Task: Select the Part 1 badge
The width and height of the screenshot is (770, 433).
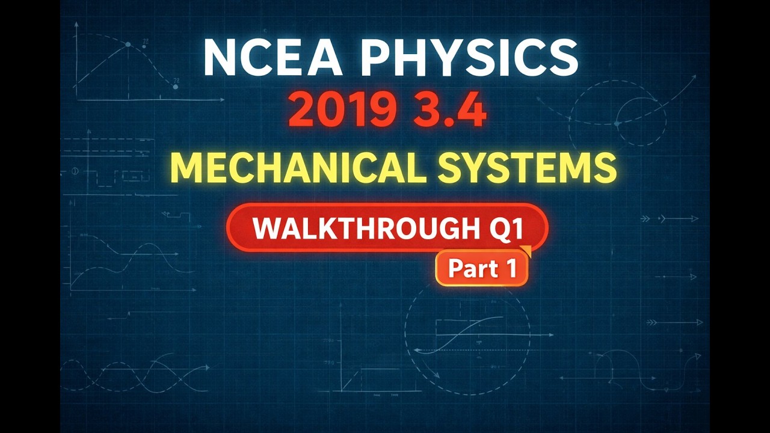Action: pyautogui.click(x=481, y=268)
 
